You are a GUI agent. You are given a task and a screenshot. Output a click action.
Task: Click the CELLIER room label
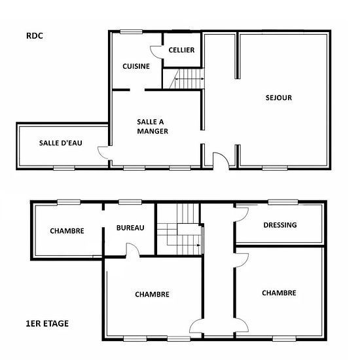[x=181, y=50]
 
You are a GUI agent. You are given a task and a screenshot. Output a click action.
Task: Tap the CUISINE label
[x=136, y=66]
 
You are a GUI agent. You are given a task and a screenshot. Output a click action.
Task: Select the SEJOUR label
[x=279, y=98]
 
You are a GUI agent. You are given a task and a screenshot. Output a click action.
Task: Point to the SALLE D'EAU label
[x=61, y=143]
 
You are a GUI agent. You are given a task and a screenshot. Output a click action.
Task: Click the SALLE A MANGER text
[x=153, y=126]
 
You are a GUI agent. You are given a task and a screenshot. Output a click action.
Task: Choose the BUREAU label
[x=130, y=228]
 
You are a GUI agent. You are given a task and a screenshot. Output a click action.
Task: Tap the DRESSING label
[x=280, y=225]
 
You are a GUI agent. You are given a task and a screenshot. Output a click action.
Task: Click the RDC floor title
[x=35, y=36]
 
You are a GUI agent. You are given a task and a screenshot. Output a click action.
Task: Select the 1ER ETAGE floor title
[x=47, y=324]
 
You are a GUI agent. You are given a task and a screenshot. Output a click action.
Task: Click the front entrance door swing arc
[x=224, y=156]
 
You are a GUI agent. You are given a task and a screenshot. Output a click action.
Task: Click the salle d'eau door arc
[x=100, y=153]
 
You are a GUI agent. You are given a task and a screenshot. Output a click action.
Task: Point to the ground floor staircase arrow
[x=189, y=79]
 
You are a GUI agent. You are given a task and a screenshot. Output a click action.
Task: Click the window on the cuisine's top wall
[x=131, y=31]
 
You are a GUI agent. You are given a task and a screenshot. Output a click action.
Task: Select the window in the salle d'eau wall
[x=64, y=168]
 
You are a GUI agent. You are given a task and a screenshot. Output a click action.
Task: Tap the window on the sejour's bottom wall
[x=275, y=168]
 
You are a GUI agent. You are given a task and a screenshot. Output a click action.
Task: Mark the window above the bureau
[x=130, y=202]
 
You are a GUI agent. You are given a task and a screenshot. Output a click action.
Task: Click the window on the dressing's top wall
[x=283, y=202]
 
